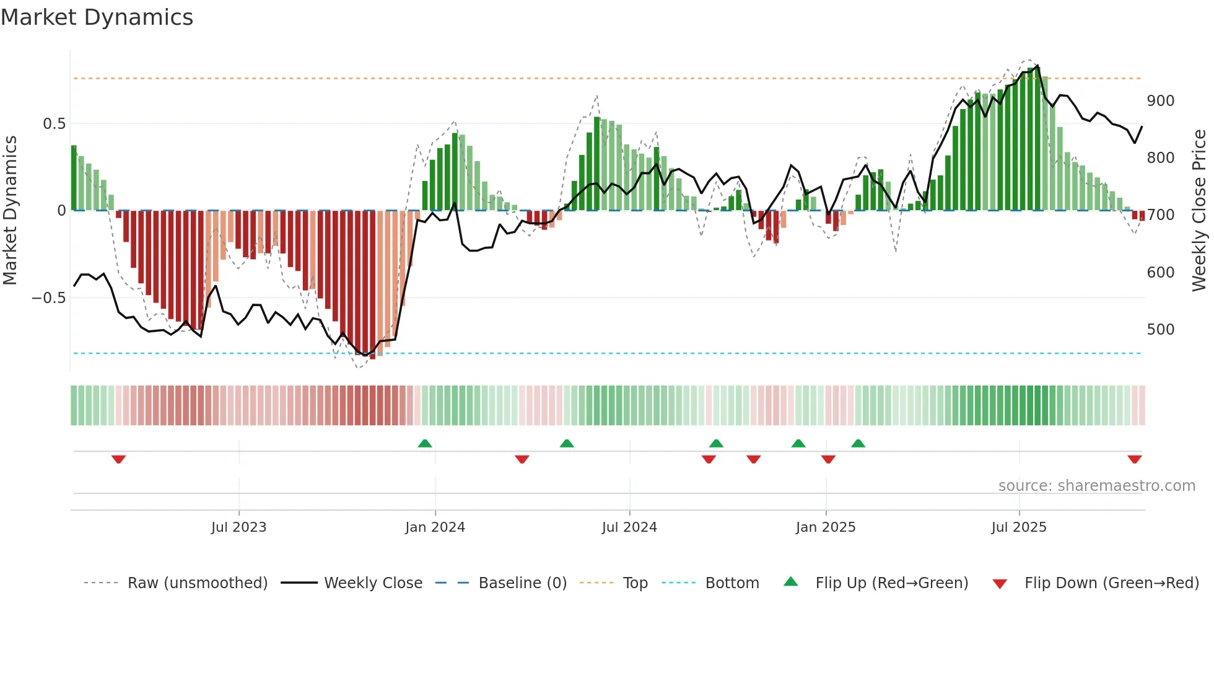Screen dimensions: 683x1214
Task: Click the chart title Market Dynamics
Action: click(x=97, y=17)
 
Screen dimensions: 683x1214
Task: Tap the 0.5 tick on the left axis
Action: click(x=54, y=124)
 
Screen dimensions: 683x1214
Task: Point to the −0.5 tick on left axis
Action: click(x=49, y=298)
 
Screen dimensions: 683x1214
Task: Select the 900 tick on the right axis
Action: click(x=1160, y=101)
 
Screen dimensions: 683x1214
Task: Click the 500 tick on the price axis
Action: click(x=1160, y=330)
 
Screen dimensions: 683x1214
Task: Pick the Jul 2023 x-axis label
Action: click(x=238, y=527)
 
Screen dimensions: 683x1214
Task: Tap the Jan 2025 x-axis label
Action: click(x=825, y=527)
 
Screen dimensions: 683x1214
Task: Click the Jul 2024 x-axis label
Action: click(x=629, y=527)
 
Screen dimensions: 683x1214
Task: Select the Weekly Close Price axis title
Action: click(x=1199, y=211)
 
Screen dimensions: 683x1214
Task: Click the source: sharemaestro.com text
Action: click(x=1096, y=486)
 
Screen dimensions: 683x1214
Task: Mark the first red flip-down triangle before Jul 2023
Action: click(x=119, y=459)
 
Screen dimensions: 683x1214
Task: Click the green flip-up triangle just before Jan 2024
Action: click(x=425, y=443)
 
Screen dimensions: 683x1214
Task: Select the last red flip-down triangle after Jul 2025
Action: click(x=1134, y=459)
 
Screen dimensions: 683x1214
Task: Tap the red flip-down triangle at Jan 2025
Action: click(x=828, y=459)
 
